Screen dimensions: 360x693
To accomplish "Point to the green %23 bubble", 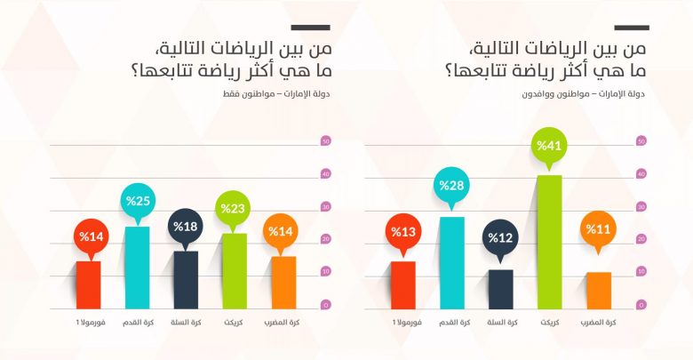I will (x=234, y=207).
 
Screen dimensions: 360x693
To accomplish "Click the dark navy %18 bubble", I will (x=185, y=226).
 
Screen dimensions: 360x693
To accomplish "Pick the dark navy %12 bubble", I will (x=500, y=237).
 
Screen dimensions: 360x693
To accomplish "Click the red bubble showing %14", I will (x=88, y=236).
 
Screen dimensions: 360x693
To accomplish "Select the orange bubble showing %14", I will (x=283, y=233).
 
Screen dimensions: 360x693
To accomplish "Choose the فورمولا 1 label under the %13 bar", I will (x=403, y=322).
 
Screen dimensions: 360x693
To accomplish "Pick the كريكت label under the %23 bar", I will (x=235, y=322).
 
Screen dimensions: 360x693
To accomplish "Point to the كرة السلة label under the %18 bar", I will (x=186, y=322).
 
